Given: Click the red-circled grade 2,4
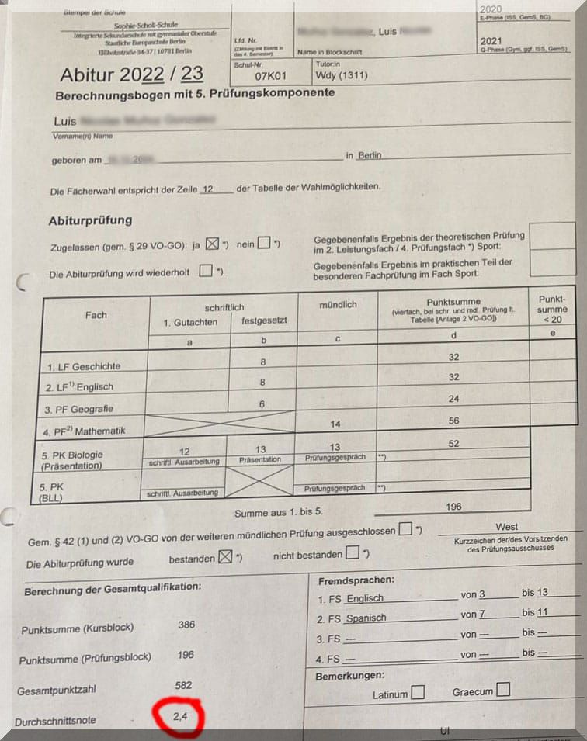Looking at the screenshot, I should point(179,717).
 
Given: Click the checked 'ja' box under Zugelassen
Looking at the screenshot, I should point(213,244).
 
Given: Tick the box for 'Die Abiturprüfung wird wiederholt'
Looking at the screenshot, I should point(206,272).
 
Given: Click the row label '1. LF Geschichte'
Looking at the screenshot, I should point(84,365).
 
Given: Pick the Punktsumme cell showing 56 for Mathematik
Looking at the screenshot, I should point(453,421).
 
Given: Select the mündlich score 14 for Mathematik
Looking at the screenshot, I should point(335,424).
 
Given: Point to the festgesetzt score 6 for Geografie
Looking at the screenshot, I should point(262,403).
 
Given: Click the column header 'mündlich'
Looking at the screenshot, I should point(338,305).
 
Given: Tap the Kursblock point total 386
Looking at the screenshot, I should point(186,625).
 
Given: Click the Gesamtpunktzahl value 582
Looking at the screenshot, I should point(184,685).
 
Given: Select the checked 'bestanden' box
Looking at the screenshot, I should point(225,558).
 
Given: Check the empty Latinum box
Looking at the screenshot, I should point(418,693).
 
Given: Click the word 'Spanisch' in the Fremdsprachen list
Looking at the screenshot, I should point(366,618).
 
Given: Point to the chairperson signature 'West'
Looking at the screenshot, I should point(506,527).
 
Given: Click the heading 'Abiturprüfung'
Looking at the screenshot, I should point(90,220).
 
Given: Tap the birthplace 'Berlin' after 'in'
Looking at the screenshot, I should point(370,155).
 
